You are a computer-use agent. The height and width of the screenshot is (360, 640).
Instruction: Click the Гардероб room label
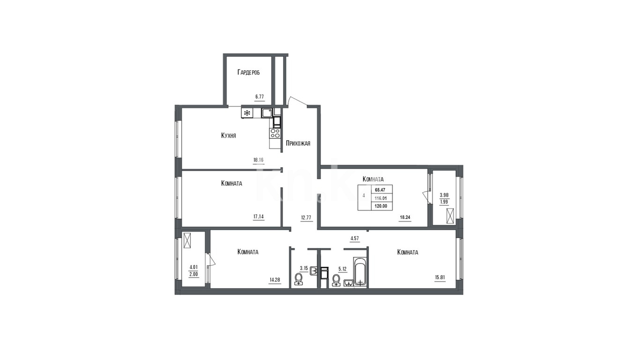[249, 72]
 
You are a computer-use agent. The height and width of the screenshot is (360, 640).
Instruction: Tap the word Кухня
[229, 135]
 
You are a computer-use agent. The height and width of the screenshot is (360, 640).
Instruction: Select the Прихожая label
[298, 143]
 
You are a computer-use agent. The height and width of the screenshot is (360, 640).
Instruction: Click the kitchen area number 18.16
[258, 160]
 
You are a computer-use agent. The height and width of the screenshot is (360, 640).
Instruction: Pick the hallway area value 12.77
[306, 217]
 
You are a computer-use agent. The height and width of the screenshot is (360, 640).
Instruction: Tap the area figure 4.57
[355, 238]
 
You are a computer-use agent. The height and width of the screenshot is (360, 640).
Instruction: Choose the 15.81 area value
[440, 277]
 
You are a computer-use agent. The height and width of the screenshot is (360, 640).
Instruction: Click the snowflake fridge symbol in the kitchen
[247, 113]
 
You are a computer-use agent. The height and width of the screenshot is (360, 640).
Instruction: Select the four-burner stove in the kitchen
[275, 133]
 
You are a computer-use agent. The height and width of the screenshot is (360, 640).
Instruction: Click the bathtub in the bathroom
[360, 272]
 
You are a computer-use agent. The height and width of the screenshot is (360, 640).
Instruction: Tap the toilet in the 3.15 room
[299, 279]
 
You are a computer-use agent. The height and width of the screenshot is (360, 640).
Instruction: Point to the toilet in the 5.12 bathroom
[336, 280]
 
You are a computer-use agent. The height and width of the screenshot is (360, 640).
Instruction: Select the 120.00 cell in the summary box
[381, 206]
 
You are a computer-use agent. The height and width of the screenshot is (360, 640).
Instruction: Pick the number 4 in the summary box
[364, 195]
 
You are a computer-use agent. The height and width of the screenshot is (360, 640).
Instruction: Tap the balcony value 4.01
[193, 267]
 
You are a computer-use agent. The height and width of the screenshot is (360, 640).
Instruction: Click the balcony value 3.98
[444, 195]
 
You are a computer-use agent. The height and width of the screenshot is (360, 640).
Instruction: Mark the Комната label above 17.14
[232, 183]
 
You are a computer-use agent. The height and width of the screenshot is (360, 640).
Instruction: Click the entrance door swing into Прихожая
[297, 101]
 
